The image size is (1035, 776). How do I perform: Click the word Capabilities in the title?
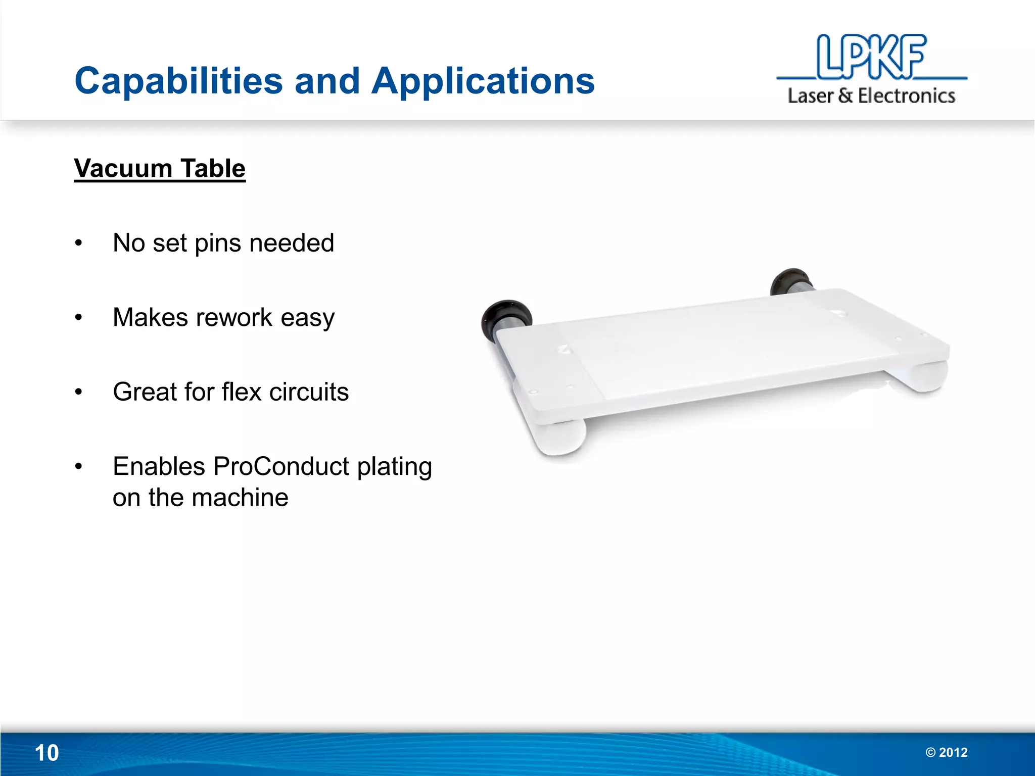pos(178,81)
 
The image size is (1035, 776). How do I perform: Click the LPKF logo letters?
pos(871,57)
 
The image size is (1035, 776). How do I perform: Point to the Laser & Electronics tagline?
pos(871,95)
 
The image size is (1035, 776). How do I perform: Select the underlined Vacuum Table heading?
pos(160,168)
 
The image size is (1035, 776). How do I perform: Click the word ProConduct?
pos(281,466)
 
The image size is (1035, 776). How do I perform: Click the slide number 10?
pos(46,753)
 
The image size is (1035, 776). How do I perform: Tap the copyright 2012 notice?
pos(946,752)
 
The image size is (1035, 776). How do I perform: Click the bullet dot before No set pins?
pos(78,244)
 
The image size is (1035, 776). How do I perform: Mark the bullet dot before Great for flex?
pos(78,392)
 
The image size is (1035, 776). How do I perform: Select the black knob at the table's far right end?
pos(789,281)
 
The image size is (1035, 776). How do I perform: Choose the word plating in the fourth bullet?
pos(394,466)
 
